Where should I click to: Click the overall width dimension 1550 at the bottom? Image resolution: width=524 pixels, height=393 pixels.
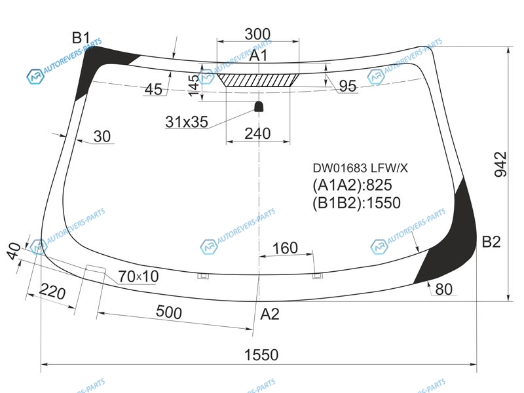(261, 355)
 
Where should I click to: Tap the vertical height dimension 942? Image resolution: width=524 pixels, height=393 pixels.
(500, 164)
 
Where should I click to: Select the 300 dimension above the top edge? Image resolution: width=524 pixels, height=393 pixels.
(257, 34)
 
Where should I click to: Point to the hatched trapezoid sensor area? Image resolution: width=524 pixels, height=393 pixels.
(258, 80)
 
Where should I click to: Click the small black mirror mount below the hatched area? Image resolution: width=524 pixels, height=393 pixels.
(259, 107)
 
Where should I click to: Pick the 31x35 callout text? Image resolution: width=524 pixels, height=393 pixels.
(187, 122)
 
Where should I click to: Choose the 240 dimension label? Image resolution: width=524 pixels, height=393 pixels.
(257, 134)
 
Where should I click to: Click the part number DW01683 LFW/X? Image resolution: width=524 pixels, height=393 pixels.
(360, 168)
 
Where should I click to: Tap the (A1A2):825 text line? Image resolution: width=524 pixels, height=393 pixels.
(352, 185)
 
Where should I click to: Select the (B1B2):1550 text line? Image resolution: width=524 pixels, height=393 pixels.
(356, 203)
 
